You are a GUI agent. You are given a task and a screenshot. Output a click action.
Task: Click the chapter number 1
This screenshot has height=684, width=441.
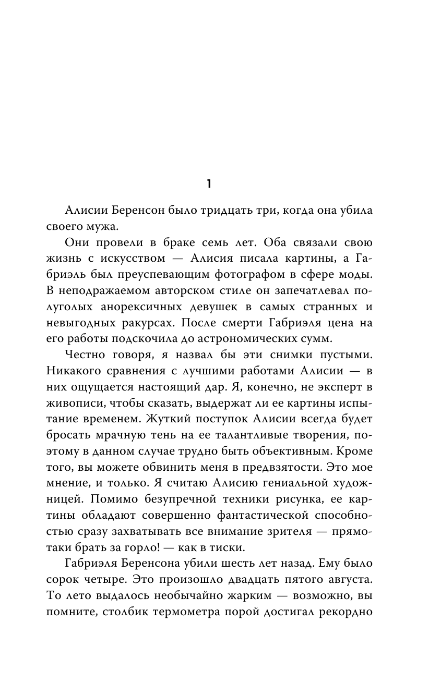(208, 184)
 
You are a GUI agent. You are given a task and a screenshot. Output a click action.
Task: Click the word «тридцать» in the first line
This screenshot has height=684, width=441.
(240, 210)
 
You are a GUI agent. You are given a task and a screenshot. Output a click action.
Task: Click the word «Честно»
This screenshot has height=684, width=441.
(86, 357)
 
